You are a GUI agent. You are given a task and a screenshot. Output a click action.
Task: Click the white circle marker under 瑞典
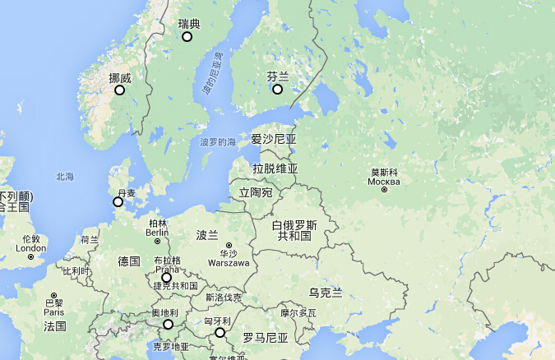(187, 36)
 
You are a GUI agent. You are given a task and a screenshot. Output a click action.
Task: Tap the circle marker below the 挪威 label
(120, 90)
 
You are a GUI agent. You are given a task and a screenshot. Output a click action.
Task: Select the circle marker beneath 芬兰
(278, 89)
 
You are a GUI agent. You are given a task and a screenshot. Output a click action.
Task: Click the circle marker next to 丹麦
(118, 201)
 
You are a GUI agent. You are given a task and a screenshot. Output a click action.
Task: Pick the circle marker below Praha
(167, 278)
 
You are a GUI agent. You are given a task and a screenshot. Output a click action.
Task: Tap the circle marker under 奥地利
(169, 325)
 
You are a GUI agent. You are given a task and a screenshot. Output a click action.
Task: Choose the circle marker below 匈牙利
(220, 332)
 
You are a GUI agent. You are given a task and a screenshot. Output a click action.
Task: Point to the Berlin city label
(157, 232)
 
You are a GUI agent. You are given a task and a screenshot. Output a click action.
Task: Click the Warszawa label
(229, 263)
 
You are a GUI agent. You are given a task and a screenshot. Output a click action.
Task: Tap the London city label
(31, 248)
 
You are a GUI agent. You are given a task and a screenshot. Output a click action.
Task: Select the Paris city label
(54, 312)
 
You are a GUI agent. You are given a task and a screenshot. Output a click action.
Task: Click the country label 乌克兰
(325, 292)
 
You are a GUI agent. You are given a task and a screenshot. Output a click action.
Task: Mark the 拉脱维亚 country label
(275, 168)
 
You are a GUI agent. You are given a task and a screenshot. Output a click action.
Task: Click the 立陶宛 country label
(256, 192)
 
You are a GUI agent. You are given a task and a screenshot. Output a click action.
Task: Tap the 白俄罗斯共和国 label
(294, 230)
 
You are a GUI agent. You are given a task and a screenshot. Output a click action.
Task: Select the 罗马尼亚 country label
(265, 338)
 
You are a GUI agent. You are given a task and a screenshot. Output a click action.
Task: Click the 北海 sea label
(65, 177)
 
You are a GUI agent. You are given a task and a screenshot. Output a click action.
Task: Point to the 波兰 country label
(207, 234)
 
